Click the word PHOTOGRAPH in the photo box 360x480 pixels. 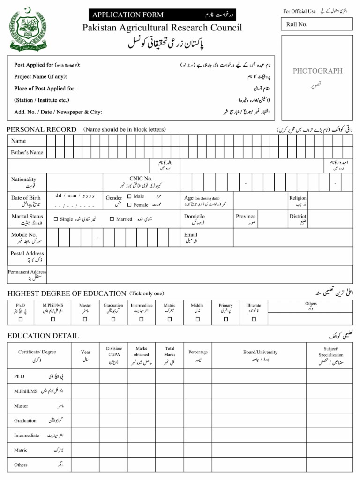[317, 71]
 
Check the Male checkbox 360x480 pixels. [129, 196]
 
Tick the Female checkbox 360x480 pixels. [129, 205]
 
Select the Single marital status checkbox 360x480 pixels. [56, 219]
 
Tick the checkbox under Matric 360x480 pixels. [169, 319]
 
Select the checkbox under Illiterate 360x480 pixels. [254, 319]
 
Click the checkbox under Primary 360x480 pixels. [225, 319]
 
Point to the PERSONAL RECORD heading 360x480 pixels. [42, 129]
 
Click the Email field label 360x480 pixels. [191, 235]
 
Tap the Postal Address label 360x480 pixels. [27, 253]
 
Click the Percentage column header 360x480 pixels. [198, 352]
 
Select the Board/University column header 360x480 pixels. [260, 352]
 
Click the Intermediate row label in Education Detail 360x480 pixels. [27, 435]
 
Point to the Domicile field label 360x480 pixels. [194, 217]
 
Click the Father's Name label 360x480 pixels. [27, 152]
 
